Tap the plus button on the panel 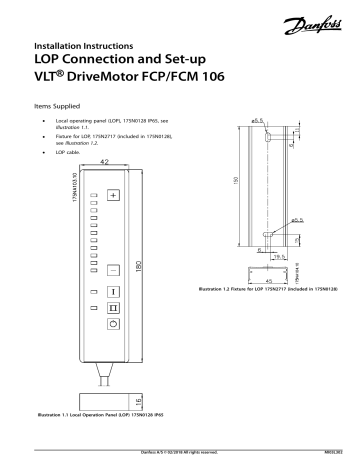pos(113,194)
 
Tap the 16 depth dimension pos(138,400)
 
